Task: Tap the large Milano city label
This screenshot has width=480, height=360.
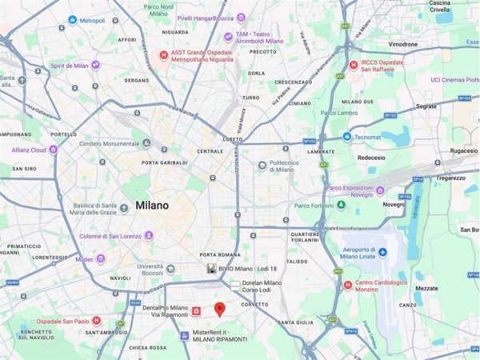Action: coord(152,205)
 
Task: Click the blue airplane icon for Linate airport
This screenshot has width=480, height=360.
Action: coord(383,252)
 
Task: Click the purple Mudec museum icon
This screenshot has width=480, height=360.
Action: coord(101,259)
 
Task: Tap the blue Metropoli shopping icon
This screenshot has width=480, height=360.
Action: coord(72,19)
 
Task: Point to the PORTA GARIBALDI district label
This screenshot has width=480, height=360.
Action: coord(166,163)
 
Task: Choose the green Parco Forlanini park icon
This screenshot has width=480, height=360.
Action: coord(341,205)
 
